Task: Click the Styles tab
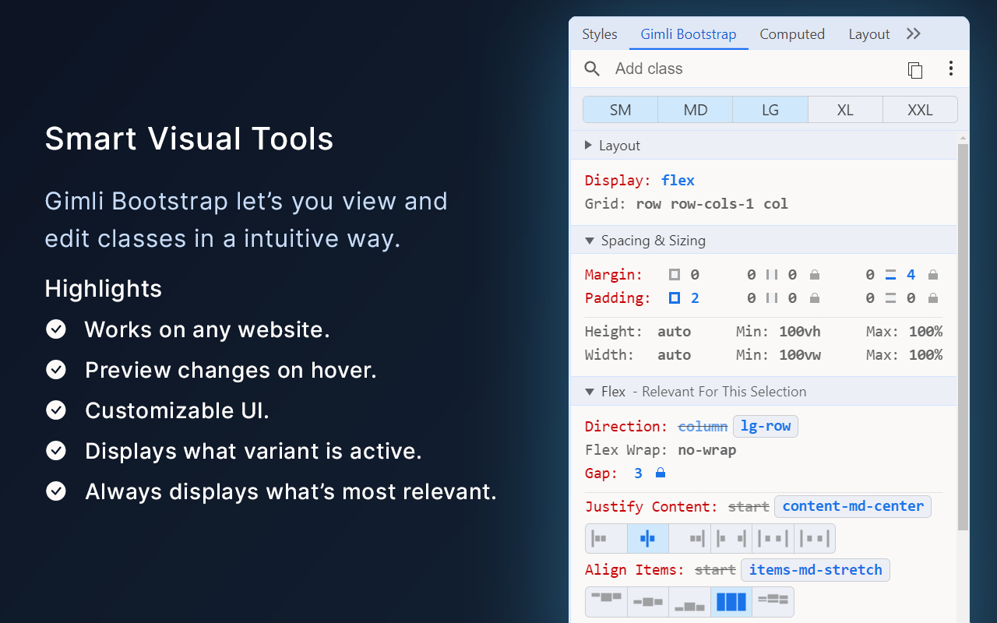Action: [x=599, y=34]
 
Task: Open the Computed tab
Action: [x=792, y=34]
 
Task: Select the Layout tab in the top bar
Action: [x=868, y=34]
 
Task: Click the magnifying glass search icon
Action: [x=592, y=69]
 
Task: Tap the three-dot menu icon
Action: [x=950, y=69]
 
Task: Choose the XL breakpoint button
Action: [x=845, y=110]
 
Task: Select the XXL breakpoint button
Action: [x=920, y=110]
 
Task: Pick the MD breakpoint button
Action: [x=696, y=110]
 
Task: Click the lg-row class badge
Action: [x=766, y=427]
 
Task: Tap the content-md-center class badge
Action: [x=853, y=506]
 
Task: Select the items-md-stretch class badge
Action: [x=815, y=570]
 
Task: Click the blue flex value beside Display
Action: [x=678, y=181]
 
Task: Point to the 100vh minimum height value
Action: [x=799, y=332]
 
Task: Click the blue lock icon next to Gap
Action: [x=661, y=473]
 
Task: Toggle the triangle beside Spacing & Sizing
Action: [x=590, y=241]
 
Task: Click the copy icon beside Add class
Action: [x=915, y=70]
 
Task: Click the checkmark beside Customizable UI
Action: [x=56, y=410]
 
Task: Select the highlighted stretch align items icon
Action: [x=731, y=601]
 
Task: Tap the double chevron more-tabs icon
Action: [x=914, y=34]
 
